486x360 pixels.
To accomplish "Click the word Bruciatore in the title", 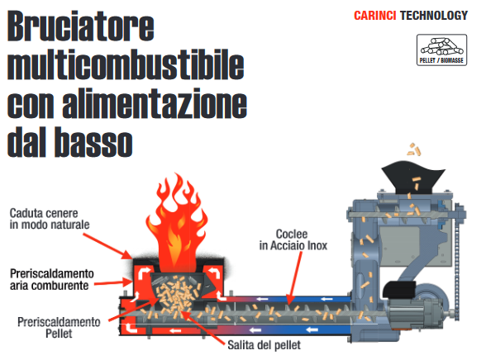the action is tap(81, 26).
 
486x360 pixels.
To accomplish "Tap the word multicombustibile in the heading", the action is tap(126, 64).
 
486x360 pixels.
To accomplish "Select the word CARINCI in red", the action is tap(374, 16).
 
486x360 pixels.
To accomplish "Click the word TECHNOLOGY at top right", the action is tap(434, 16).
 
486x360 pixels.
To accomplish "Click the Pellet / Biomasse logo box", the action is tap(441, 50).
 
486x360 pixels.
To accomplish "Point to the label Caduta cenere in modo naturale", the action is tap(50, 219).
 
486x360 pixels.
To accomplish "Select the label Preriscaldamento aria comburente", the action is tap(52, 279).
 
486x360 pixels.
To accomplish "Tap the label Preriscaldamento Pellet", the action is tap(59, 328).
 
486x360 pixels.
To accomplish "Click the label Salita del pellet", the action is tap(264, 345).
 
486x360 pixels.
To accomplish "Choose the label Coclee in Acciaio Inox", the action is tap(293, 239).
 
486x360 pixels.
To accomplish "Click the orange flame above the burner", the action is tap(177, 224).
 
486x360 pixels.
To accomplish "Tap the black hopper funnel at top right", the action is tap(412, 178).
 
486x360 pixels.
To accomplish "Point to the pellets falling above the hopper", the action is tap(414, 149).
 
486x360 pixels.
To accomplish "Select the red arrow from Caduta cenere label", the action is tap(107, 245).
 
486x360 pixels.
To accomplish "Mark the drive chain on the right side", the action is tap(456, 263).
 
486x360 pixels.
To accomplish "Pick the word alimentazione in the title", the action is tap(155, 103).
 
